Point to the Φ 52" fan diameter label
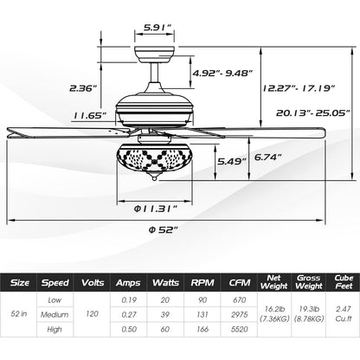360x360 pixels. coord(162,230)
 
